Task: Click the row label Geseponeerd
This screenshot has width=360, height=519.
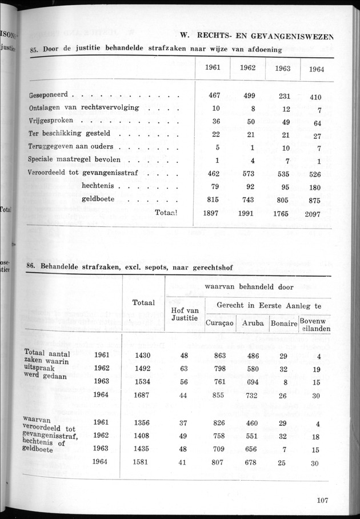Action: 53,94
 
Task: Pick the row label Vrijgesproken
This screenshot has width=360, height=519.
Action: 55,121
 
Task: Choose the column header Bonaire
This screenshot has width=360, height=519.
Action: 285,324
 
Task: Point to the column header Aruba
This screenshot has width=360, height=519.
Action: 253,324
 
